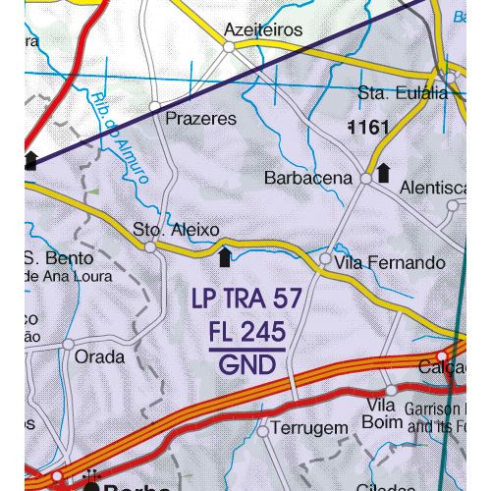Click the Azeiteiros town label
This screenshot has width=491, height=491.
click(x=263, y=29)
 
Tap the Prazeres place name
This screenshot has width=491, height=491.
click(x=202, y=119)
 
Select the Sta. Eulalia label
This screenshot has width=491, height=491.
click(x=403, y=93)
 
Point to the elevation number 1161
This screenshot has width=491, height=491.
click(x=369, y=127)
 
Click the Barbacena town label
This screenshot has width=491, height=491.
click(x=307, y=179)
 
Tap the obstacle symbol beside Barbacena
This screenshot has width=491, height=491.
click(x=384, y=173)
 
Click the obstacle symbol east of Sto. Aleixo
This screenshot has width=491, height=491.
click(x=225, y=257)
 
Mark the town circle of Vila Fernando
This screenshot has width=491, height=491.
click(x=326, y=259)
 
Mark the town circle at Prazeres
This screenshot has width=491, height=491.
click(x=154, y=104)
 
